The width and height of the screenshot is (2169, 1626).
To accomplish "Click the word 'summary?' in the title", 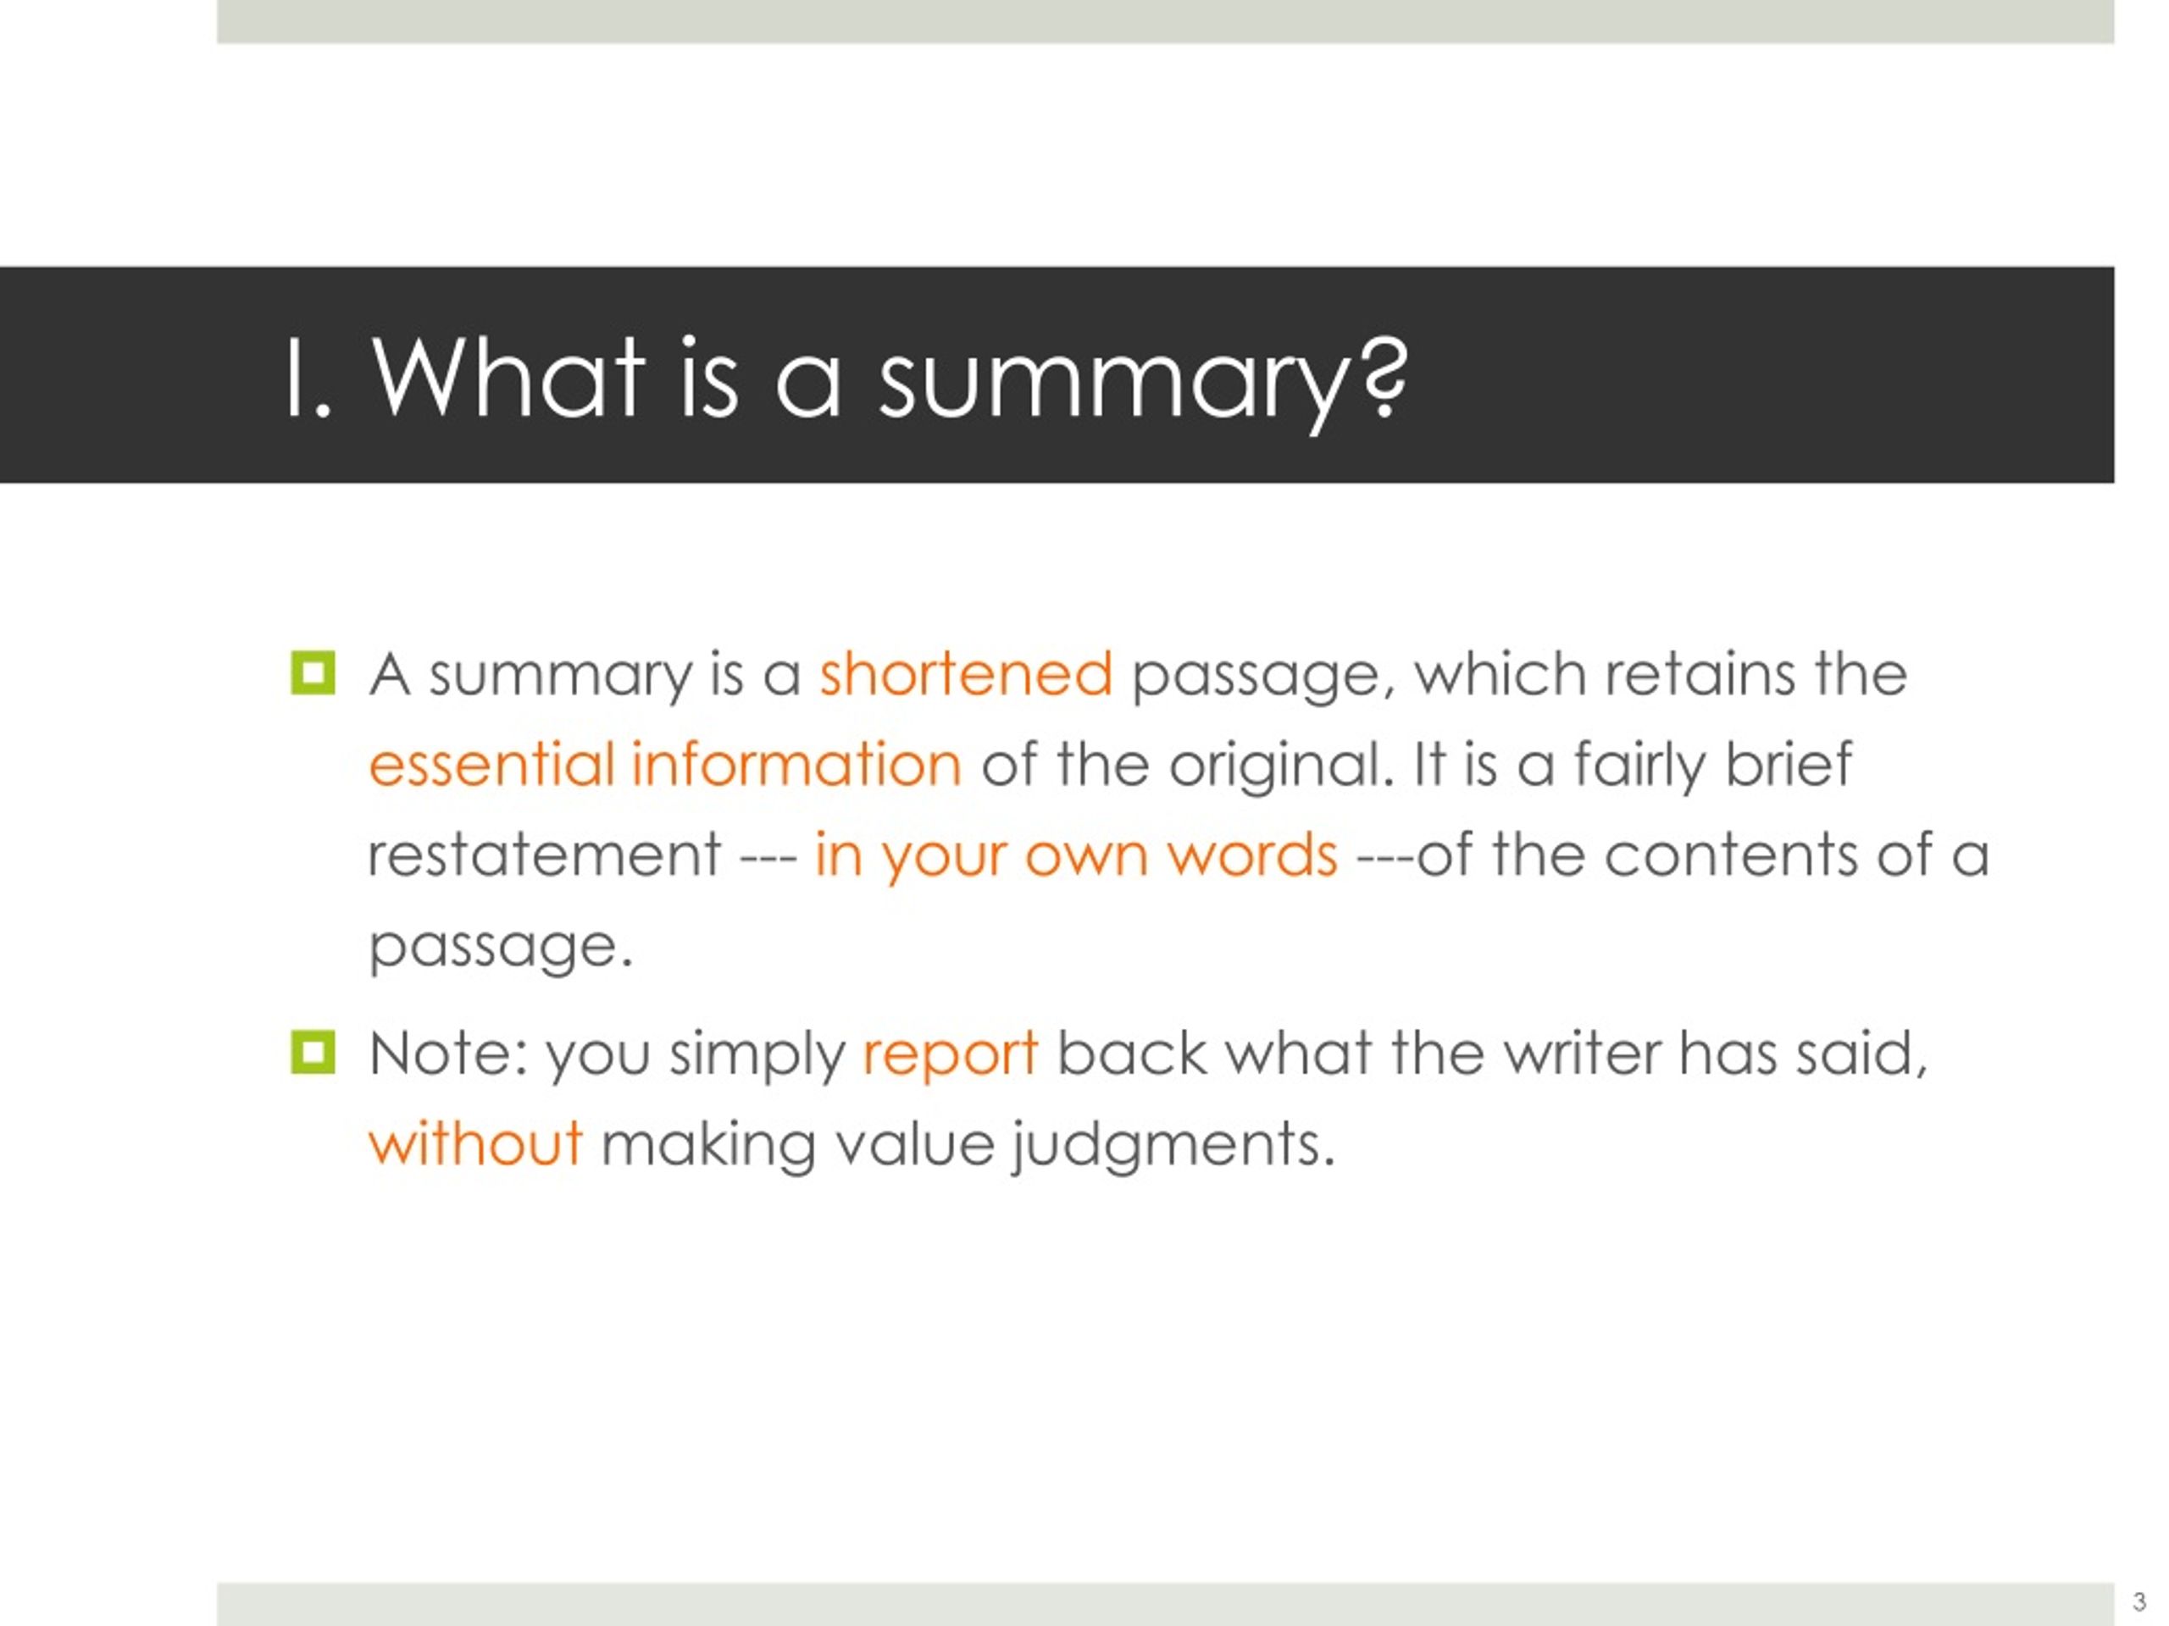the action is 1143,382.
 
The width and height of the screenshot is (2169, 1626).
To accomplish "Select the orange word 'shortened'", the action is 966,674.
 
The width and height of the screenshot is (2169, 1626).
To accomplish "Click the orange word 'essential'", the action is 491,765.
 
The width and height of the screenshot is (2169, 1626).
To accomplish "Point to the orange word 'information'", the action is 796,765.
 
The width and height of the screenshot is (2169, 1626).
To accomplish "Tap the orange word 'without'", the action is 475,1142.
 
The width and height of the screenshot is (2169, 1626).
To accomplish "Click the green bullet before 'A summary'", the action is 313,673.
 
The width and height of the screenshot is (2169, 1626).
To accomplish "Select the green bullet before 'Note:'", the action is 313,1053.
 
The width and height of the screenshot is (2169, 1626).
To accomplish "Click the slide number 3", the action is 2138,1602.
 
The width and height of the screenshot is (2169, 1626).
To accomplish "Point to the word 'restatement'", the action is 544,854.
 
